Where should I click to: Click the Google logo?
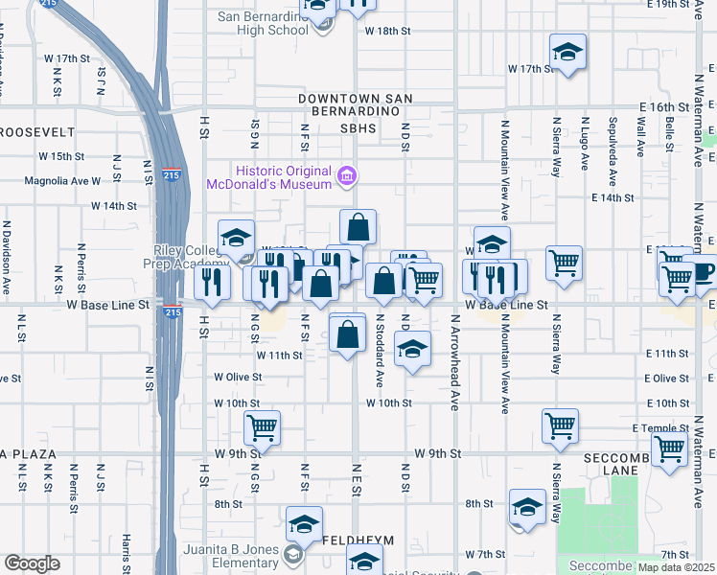pyautogui.click(x=32, y=563)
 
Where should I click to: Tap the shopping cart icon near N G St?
pyautogui.click(x=261, y=427)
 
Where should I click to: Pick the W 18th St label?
pyautogui.click(x=388, y=31)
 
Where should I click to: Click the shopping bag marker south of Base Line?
pyautogui.click(x=348, y=334)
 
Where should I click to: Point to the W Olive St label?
pyautogui.click(x=238, y=378)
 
